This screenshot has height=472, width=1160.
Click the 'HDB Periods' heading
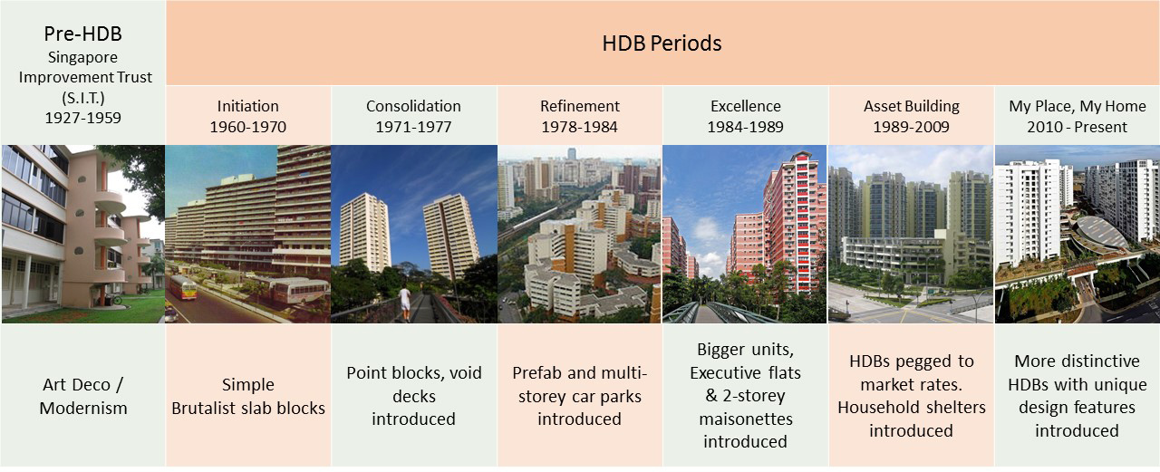662,43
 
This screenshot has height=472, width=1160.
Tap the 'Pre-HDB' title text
82,34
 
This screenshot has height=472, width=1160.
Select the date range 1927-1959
82,118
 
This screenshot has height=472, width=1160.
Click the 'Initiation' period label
248,106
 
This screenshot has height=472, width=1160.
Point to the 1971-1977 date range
414,127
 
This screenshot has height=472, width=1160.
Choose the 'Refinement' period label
579,106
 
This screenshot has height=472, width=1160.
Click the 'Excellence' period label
745,106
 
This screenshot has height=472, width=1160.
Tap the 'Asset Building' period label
912,106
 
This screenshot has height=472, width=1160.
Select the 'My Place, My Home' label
1078,106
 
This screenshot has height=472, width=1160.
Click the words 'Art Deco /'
82,384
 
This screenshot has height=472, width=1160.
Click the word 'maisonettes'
746,419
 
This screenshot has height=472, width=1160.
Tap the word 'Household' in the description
874,408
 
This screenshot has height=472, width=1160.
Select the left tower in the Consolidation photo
364,233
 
